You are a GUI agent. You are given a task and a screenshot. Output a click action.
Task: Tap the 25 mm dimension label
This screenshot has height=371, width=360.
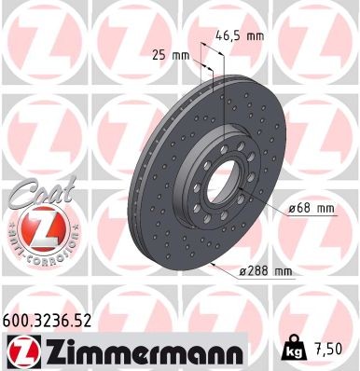coord(171,55)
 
